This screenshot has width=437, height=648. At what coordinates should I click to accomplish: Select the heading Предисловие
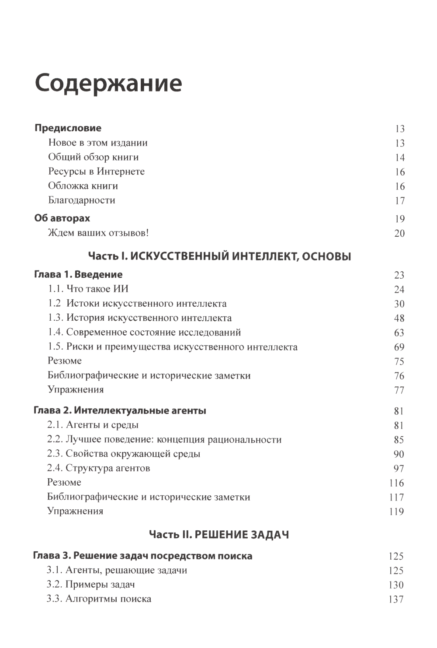(68, 128)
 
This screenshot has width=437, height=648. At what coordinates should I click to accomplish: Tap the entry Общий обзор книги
(93, 157)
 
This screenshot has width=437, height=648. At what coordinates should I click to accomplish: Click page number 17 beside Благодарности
(399, 201)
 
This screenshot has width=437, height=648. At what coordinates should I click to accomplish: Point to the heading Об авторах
(62, 218)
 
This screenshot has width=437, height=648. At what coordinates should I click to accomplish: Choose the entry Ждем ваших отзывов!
(98, 233)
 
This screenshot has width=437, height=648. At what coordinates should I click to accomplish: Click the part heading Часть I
(219, 256)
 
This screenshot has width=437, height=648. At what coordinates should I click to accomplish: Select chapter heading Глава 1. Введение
(78, 274)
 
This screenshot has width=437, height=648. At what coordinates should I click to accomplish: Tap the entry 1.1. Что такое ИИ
(88, 289)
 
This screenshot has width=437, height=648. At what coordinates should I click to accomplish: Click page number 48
(399, 318)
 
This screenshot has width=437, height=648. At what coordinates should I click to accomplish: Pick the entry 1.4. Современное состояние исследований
(144, 332)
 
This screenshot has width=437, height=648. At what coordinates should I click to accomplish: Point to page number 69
(399, 347)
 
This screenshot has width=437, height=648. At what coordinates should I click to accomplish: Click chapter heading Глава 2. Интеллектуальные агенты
(120, 410)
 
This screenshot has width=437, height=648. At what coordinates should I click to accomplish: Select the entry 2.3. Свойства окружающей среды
(124, 454)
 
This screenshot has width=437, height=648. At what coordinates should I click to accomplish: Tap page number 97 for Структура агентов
(399, 469)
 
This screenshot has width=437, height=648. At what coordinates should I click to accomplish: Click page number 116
(396, 483)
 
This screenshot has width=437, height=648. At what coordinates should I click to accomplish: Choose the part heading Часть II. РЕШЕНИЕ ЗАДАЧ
(219, 534)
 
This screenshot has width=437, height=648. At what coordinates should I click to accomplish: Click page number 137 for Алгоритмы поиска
(396, 599)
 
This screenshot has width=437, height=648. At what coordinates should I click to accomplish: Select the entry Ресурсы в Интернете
(96, 172)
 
